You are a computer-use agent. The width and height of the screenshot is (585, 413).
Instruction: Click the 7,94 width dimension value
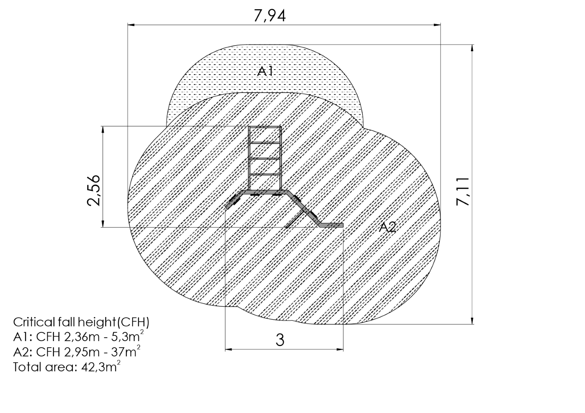(270, 16)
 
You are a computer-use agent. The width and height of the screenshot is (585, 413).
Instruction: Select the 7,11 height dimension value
(462, 191)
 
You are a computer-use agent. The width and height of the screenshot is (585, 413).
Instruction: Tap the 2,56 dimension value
(93, 190)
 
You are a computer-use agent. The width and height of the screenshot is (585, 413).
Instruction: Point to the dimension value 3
(280, 340)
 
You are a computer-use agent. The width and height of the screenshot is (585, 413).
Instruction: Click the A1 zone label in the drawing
(265, 71)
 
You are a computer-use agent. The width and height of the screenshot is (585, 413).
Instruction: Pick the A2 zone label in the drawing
(387, 227)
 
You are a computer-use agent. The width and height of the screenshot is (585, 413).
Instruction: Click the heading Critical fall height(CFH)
(81, 322)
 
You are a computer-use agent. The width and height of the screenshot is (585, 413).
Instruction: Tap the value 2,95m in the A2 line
(82, 352)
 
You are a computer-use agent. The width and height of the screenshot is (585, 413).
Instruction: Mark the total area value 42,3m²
(101, 367)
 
